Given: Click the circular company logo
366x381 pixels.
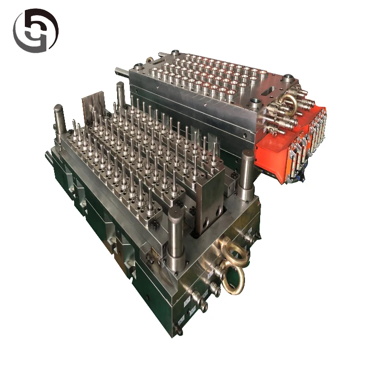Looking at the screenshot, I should pyautogui.click(x=35, y=30).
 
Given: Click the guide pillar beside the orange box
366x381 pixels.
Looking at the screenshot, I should pyautogui.click(x=247, y=174).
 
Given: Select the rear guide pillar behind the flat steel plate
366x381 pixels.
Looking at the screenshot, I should pyautogui.click(x=120, y=95).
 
